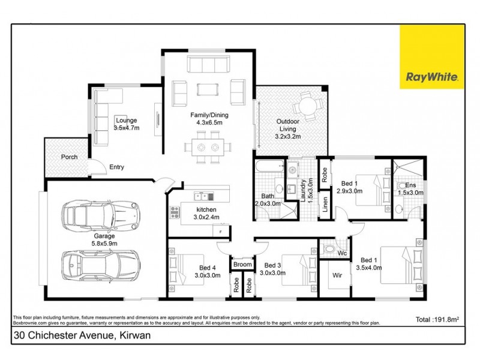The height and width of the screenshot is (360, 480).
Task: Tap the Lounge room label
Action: coord(126,124)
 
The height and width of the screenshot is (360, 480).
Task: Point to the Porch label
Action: coord(70,157)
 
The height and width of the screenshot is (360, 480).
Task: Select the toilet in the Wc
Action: coord(329,247)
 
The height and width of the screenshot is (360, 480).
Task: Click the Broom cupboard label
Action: coord(242,264)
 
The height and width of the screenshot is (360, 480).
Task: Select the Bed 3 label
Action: coord(273,269)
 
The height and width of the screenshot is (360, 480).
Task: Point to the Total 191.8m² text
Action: coord(442,319)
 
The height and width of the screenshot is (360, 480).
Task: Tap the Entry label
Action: coord(116,167)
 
